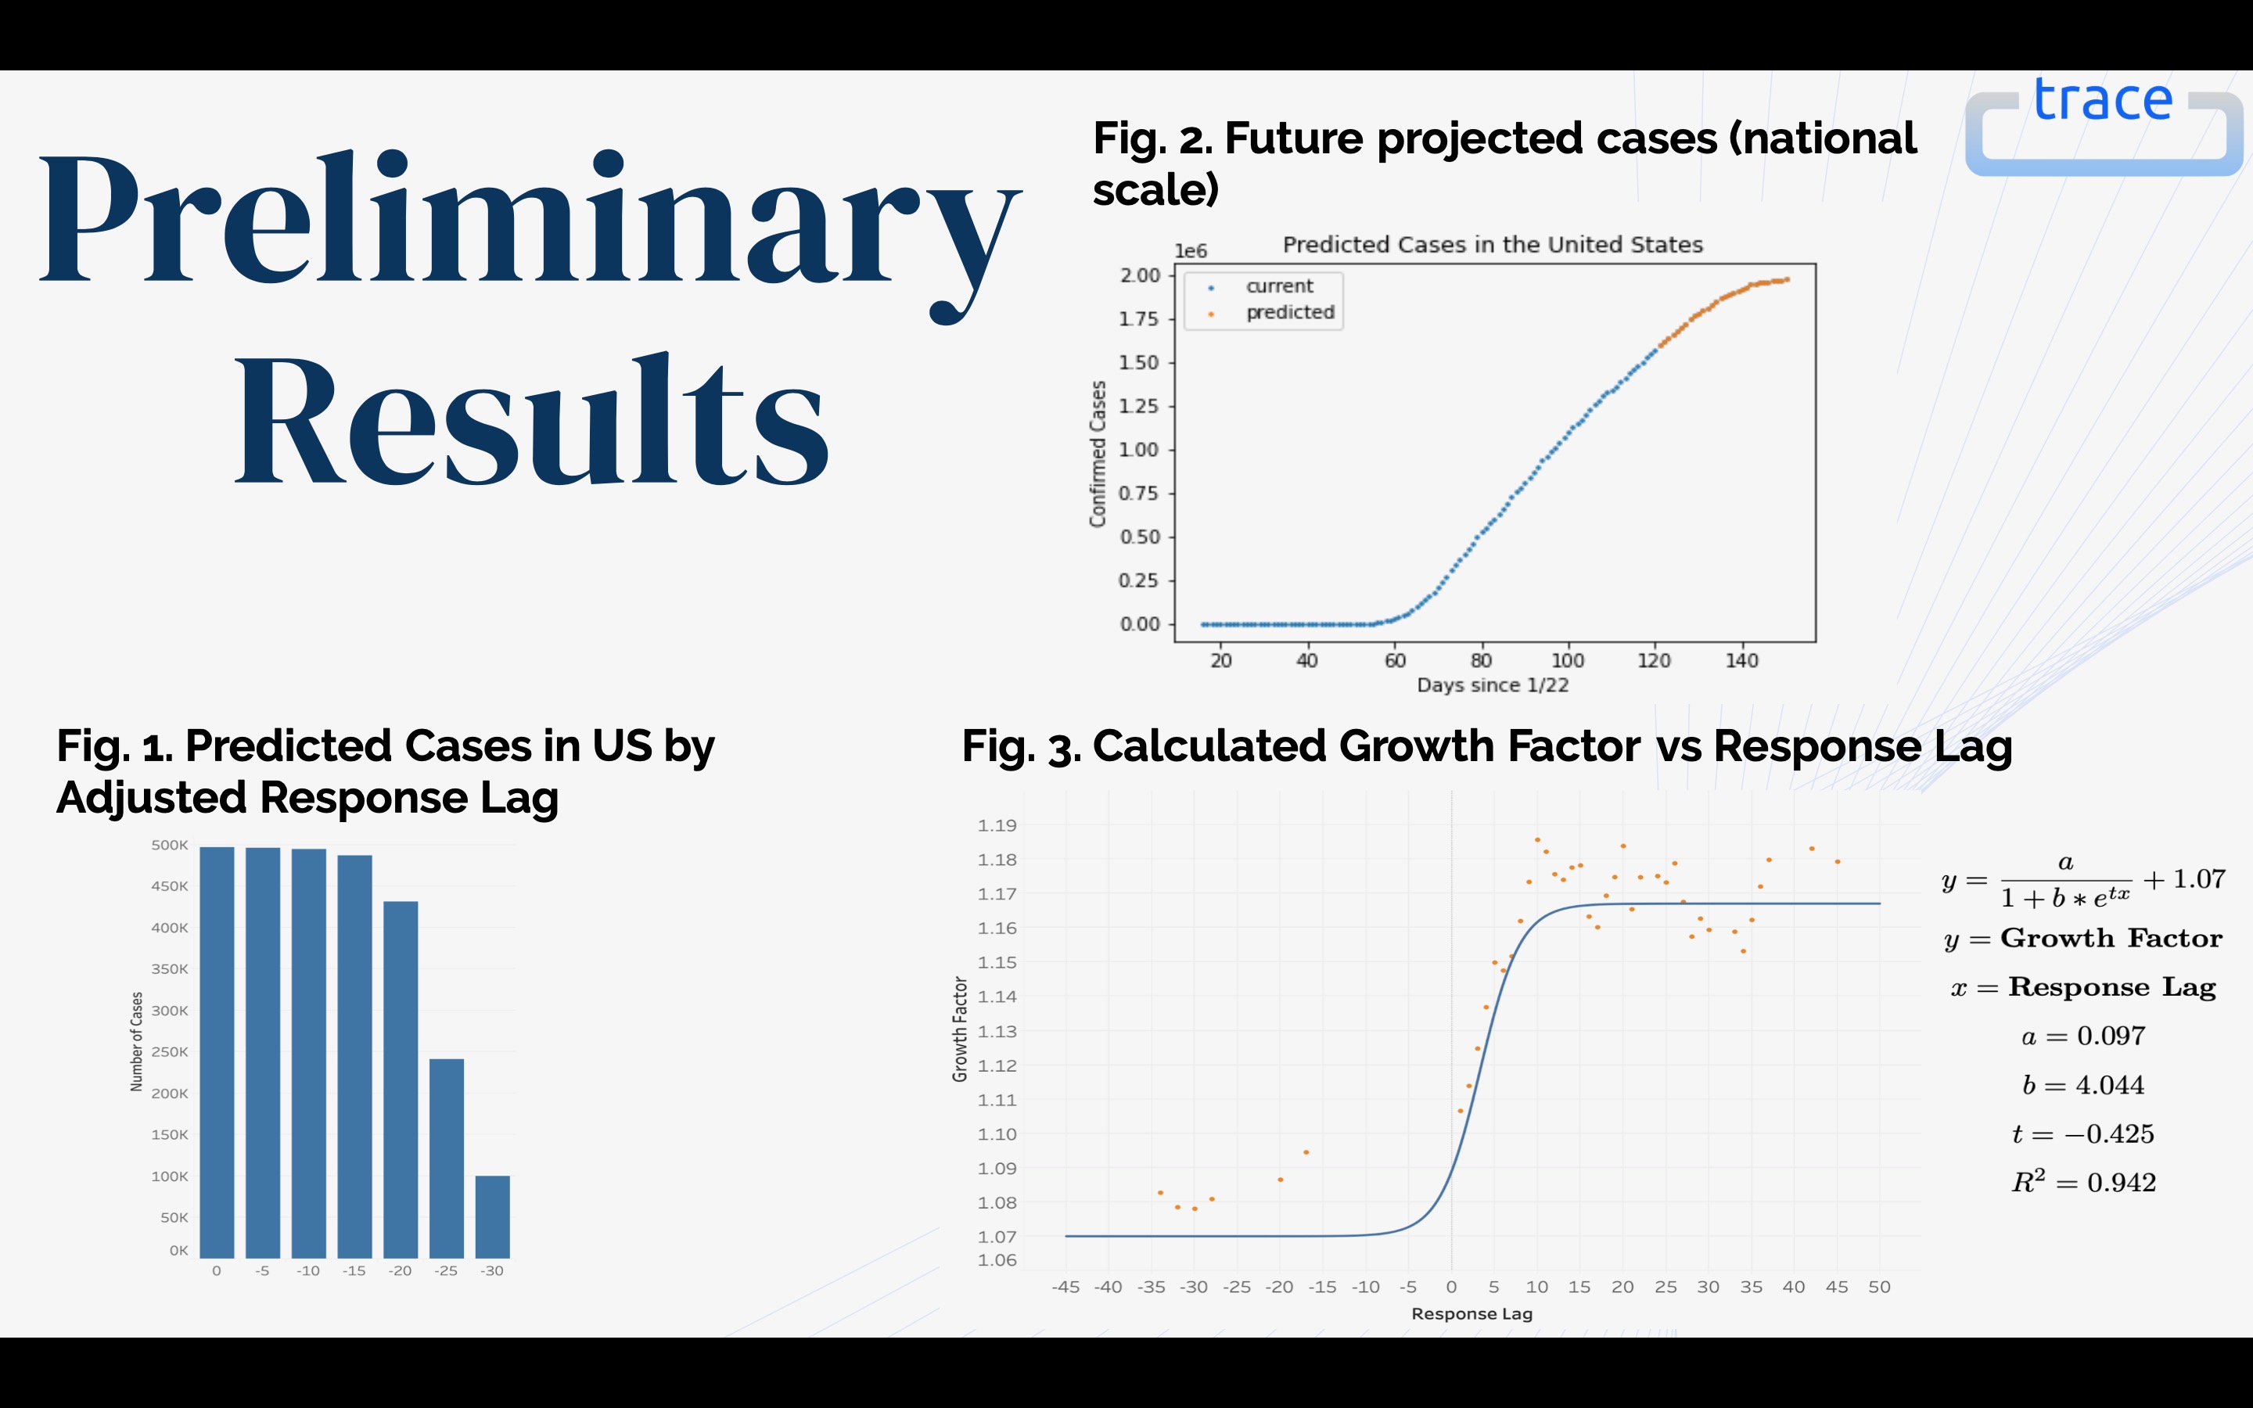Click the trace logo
pyautogui.click(x=2102, y=126)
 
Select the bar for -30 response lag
pyautogui.click(x=493, y=1216)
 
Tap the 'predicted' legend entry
pyautogui.click(x=1289, y=313)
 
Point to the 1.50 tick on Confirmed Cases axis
pyautogui.click(x=1140, y=362)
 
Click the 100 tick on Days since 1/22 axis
pyautogui.click(x=1568, y=660)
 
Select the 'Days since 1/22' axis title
pyautogui.click(x=1493, y=685)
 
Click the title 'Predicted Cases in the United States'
pyautogui.click(x=1493, y=245)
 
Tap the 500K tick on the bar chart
pyautogui.click(x=170, y=846)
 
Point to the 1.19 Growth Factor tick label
pyautogui.click(x=997, y=825)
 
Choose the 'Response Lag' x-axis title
pyautogui.click(x=1472, y=1314)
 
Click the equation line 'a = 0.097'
pyautogui.click(x=2082, y=1036)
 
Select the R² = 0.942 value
pyautogui.click(x=2083, y=1183)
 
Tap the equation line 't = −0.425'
pyautogui.click(x=2082, y=1134)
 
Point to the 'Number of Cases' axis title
pyautogui.click(x=137, y=1041)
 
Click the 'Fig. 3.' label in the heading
pyautogui.click(x=1020, y=747)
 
